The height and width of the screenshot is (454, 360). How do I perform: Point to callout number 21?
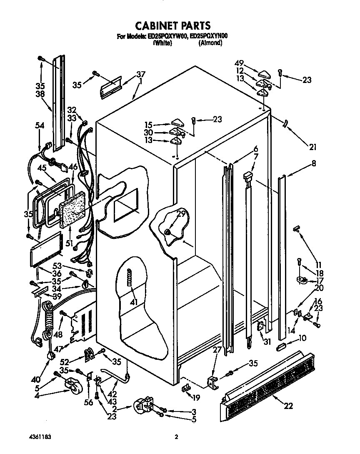click(312, 147)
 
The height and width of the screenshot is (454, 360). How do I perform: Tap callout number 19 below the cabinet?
click(196, 398)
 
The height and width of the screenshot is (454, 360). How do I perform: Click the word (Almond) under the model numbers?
click(210, 43)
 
